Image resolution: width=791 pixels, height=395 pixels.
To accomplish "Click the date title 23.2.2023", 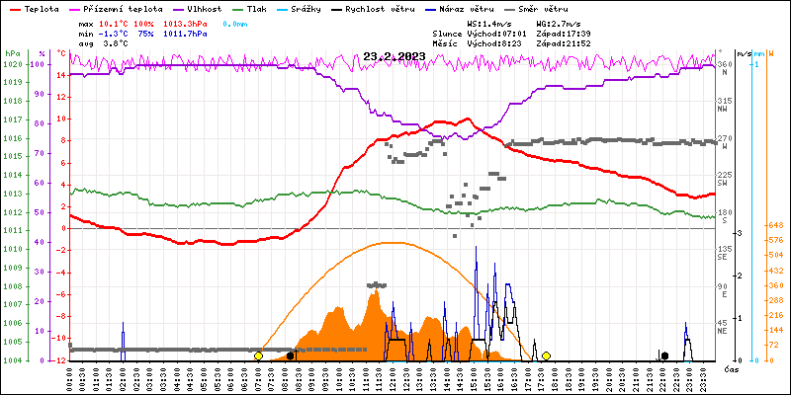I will click(394, 56).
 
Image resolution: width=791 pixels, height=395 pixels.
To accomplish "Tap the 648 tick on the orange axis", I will click(775, 225).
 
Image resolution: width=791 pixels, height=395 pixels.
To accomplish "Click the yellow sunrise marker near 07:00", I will click(258, 355).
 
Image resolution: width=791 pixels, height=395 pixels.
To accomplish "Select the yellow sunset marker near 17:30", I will click(546, 355).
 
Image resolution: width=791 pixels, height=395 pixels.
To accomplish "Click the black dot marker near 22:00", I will click(664, 355).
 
